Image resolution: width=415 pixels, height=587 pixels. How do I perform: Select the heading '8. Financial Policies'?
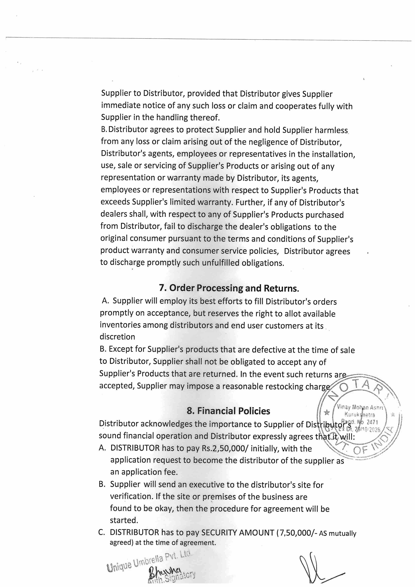point(228,411)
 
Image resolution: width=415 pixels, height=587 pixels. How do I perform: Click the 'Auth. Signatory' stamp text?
point(172,575)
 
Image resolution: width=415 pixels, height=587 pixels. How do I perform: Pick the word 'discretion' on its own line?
point(117,337)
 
